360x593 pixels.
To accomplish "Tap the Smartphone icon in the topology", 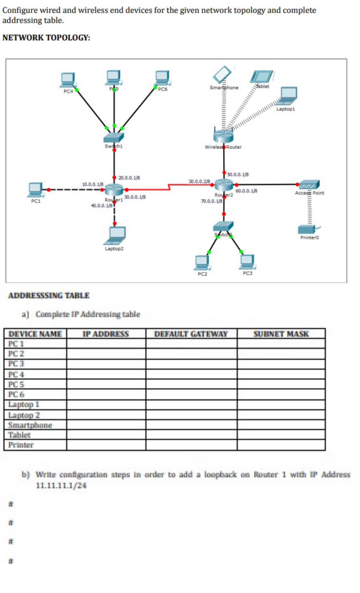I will point(222,74).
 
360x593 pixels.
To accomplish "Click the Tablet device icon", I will point(261,77).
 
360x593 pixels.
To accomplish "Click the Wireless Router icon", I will point(223,136).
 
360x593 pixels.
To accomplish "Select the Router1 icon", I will point(114,189).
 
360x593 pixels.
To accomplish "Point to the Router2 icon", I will point(224,184).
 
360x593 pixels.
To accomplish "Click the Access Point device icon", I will point(309,185).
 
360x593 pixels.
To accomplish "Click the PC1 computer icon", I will point(36,189).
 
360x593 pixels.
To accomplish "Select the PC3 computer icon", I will point(247,261).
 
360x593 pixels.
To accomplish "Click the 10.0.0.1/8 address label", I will point(93,184).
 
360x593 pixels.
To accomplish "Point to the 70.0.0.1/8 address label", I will point(211,201).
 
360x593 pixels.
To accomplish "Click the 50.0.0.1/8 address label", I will point(238,174).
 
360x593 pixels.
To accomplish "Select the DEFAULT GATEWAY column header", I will point(191,334).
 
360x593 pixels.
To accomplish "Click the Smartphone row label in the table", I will point(30,425).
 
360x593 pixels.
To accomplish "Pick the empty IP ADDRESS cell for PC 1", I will point(106,344).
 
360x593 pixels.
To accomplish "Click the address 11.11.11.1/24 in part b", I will point(61,486).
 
